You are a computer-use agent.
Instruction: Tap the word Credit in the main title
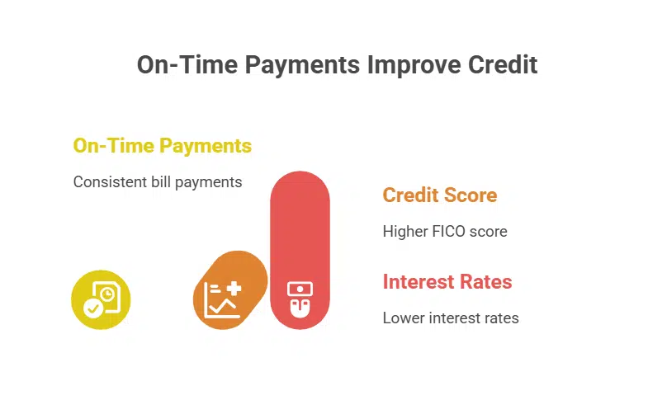(502, 64)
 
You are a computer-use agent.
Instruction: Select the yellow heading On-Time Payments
(162, 146)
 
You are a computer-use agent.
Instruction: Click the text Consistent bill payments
(157, 181)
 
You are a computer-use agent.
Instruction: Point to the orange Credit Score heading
(439, 195)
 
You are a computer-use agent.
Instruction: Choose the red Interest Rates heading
(447, 282)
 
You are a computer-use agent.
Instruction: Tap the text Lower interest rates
(450, 318)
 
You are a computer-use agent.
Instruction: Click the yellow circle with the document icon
(101, 299)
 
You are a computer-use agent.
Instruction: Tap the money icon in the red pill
(300, 299)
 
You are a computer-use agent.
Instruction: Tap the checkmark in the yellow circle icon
(93, 308)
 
